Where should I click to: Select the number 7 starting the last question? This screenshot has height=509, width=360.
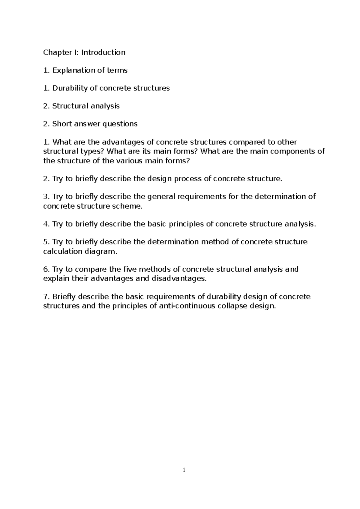click(x=45, y=297)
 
